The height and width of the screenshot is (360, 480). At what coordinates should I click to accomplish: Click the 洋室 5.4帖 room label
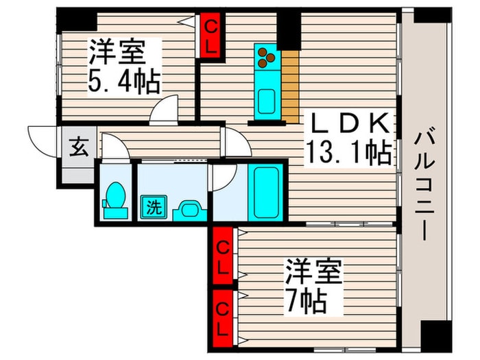123,67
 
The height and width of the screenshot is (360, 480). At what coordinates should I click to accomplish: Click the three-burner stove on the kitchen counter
265,58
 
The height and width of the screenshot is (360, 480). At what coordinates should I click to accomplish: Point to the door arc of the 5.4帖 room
165,110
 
